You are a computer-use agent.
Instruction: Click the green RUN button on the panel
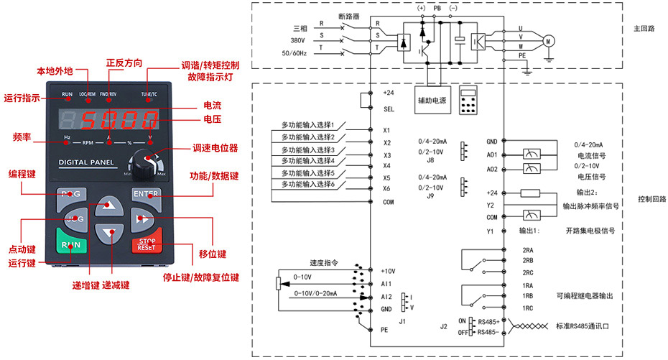point(71,244)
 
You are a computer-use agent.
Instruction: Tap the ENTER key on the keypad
point(146,193)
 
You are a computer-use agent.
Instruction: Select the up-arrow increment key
point(108,205)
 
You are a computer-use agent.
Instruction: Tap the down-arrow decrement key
point(108,232)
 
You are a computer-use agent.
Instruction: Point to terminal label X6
point(386,188)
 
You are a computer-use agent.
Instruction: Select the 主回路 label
point(644,30)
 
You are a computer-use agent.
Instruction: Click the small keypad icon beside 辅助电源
point(469,101)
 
